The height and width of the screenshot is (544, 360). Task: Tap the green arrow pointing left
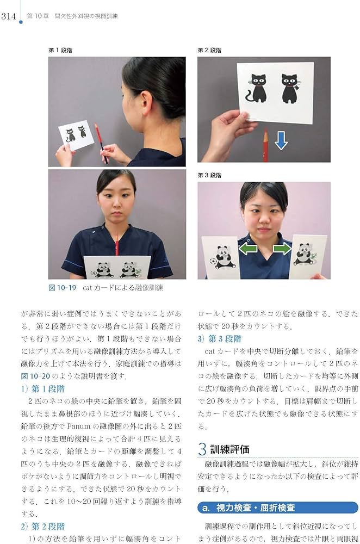tap(249, 249)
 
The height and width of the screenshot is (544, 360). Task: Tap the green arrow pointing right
tap(281, 249)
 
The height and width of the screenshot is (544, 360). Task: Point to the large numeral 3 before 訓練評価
tap(202, 449)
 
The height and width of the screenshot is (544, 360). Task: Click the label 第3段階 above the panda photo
tap(210, 175)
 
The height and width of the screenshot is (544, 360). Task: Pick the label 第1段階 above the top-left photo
tap(60, 50)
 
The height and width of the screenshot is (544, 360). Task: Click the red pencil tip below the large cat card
tap(265, 132)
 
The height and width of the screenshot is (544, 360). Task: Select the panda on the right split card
tap(305, 255)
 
